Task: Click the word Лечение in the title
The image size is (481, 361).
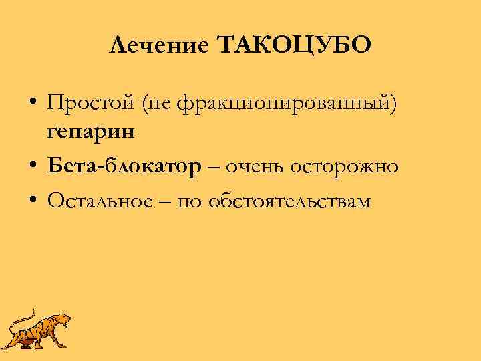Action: coord(158,46)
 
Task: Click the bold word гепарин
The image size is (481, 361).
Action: coord(91,130)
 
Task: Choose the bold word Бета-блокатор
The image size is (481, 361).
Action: coord(124,166)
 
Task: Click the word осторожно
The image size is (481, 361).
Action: coord(345,166)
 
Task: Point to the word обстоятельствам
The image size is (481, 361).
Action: coord(289,201)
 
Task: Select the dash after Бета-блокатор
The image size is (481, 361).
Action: coord(213,166)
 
